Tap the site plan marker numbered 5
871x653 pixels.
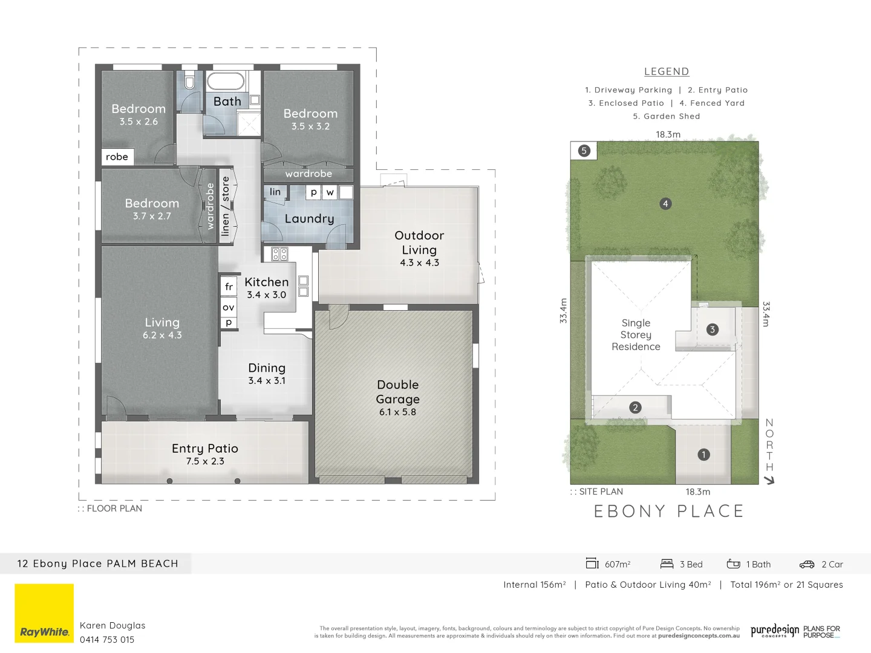click(x=584, y=151)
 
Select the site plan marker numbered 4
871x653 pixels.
click(x=665, y=204)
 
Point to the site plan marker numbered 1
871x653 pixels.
click(x=703, y=455)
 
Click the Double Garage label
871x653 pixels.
click(x=397, y=392)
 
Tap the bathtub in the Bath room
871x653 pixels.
click(x=226, y=81)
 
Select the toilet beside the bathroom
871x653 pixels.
click(x=189, y=80)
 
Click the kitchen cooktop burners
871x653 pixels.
click(x=279, y=254)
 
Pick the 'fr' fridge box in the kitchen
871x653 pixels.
click(x=229, y=287)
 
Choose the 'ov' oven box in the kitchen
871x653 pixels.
click(x=229, y=307)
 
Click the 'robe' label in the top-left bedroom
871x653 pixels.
click(x=117, y=157)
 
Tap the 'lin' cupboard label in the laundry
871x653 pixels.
click(x=275, y=192)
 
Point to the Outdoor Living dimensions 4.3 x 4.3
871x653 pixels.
click(x=419, y=263)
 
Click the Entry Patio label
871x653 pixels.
click(x=205, y=449)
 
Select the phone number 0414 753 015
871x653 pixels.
click(x=107, y=640)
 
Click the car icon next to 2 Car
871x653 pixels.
click(x=807, y=564)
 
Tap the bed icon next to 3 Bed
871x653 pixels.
click(x=667, y=564)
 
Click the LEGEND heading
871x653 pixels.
click(x=667, y=71)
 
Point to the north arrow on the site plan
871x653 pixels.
click(x=769, y=480)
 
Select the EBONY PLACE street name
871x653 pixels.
click(x=668, y=512)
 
